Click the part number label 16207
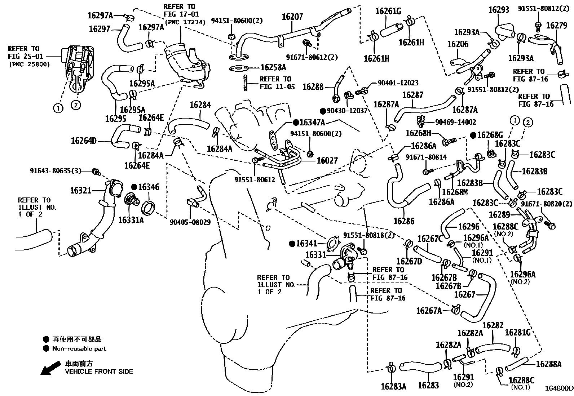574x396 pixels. pyautogui.click(x=292, y=17)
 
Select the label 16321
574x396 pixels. pyautogui.click(x=81, y=191)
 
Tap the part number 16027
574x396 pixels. pyautogui.click(x=327, y=161)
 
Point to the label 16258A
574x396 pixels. pyautogui.click(x=273, y=67)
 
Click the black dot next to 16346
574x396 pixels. pyautogui.click(x=134, y=187)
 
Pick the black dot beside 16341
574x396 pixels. pyautogui.click(x=292, y=244)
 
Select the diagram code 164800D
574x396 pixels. pyautogui.click(x=558, y=388)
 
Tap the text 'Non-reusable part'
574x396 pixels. pyautogui.click(x=79, y=348)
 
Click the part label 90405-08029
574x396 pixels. pyautogui.click(x=190, y=222)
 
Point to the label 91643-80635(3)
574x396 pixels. pyautogui.click(x=56, y=170)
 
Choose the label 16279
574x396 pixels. pyautogui.click(x=556, y=26)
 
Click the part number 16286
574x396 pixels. pyautogui.click(x=404, y=221)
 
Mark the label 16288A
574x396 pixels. pyautogui.click(x=549, y=364)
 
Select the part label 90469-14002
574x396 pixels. pyautogui.click(x=456, y=122)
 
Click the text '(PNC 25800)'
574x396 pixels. pyautogui.click(x=30, y=64)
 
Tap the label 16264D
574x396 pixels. pyautogui.click(x=84, y=141)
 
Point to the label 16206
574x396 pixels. pyautogui.click(x=458, y=44)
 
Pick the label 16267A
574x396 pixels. pyautogui.click(x=429, y=311)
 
